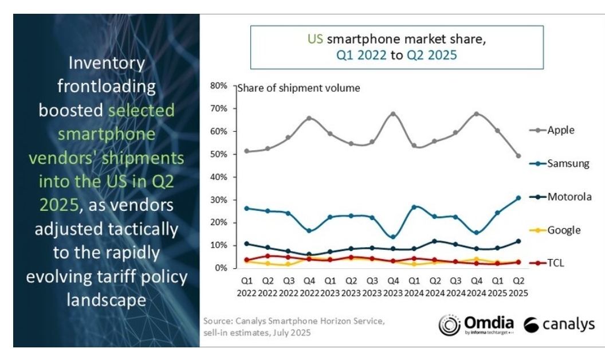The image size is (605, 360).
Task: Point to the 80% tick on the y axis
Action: click(219, 86)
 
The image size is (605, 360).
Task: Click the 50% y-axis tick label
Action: click(219, 154)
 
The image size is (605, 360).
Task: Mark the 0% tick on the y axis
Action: click(222, 268)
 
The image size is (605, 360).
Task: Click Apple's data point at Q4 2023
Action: click(392, 114)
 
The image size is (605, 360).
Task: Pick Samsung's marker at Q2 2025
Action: click(517, 198)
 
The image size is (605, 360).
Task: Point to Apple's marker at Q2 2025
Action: click(517, 156)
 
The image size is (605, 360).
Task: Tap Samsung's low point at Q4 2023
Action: click(392, 237)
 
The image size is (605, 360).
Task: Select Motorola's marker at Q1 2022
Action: click(246, 244)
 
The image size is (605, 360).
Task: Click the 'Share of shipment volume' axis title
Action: click(298, 88)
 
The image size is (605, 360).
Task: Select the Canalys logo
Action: click(559, 324)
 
